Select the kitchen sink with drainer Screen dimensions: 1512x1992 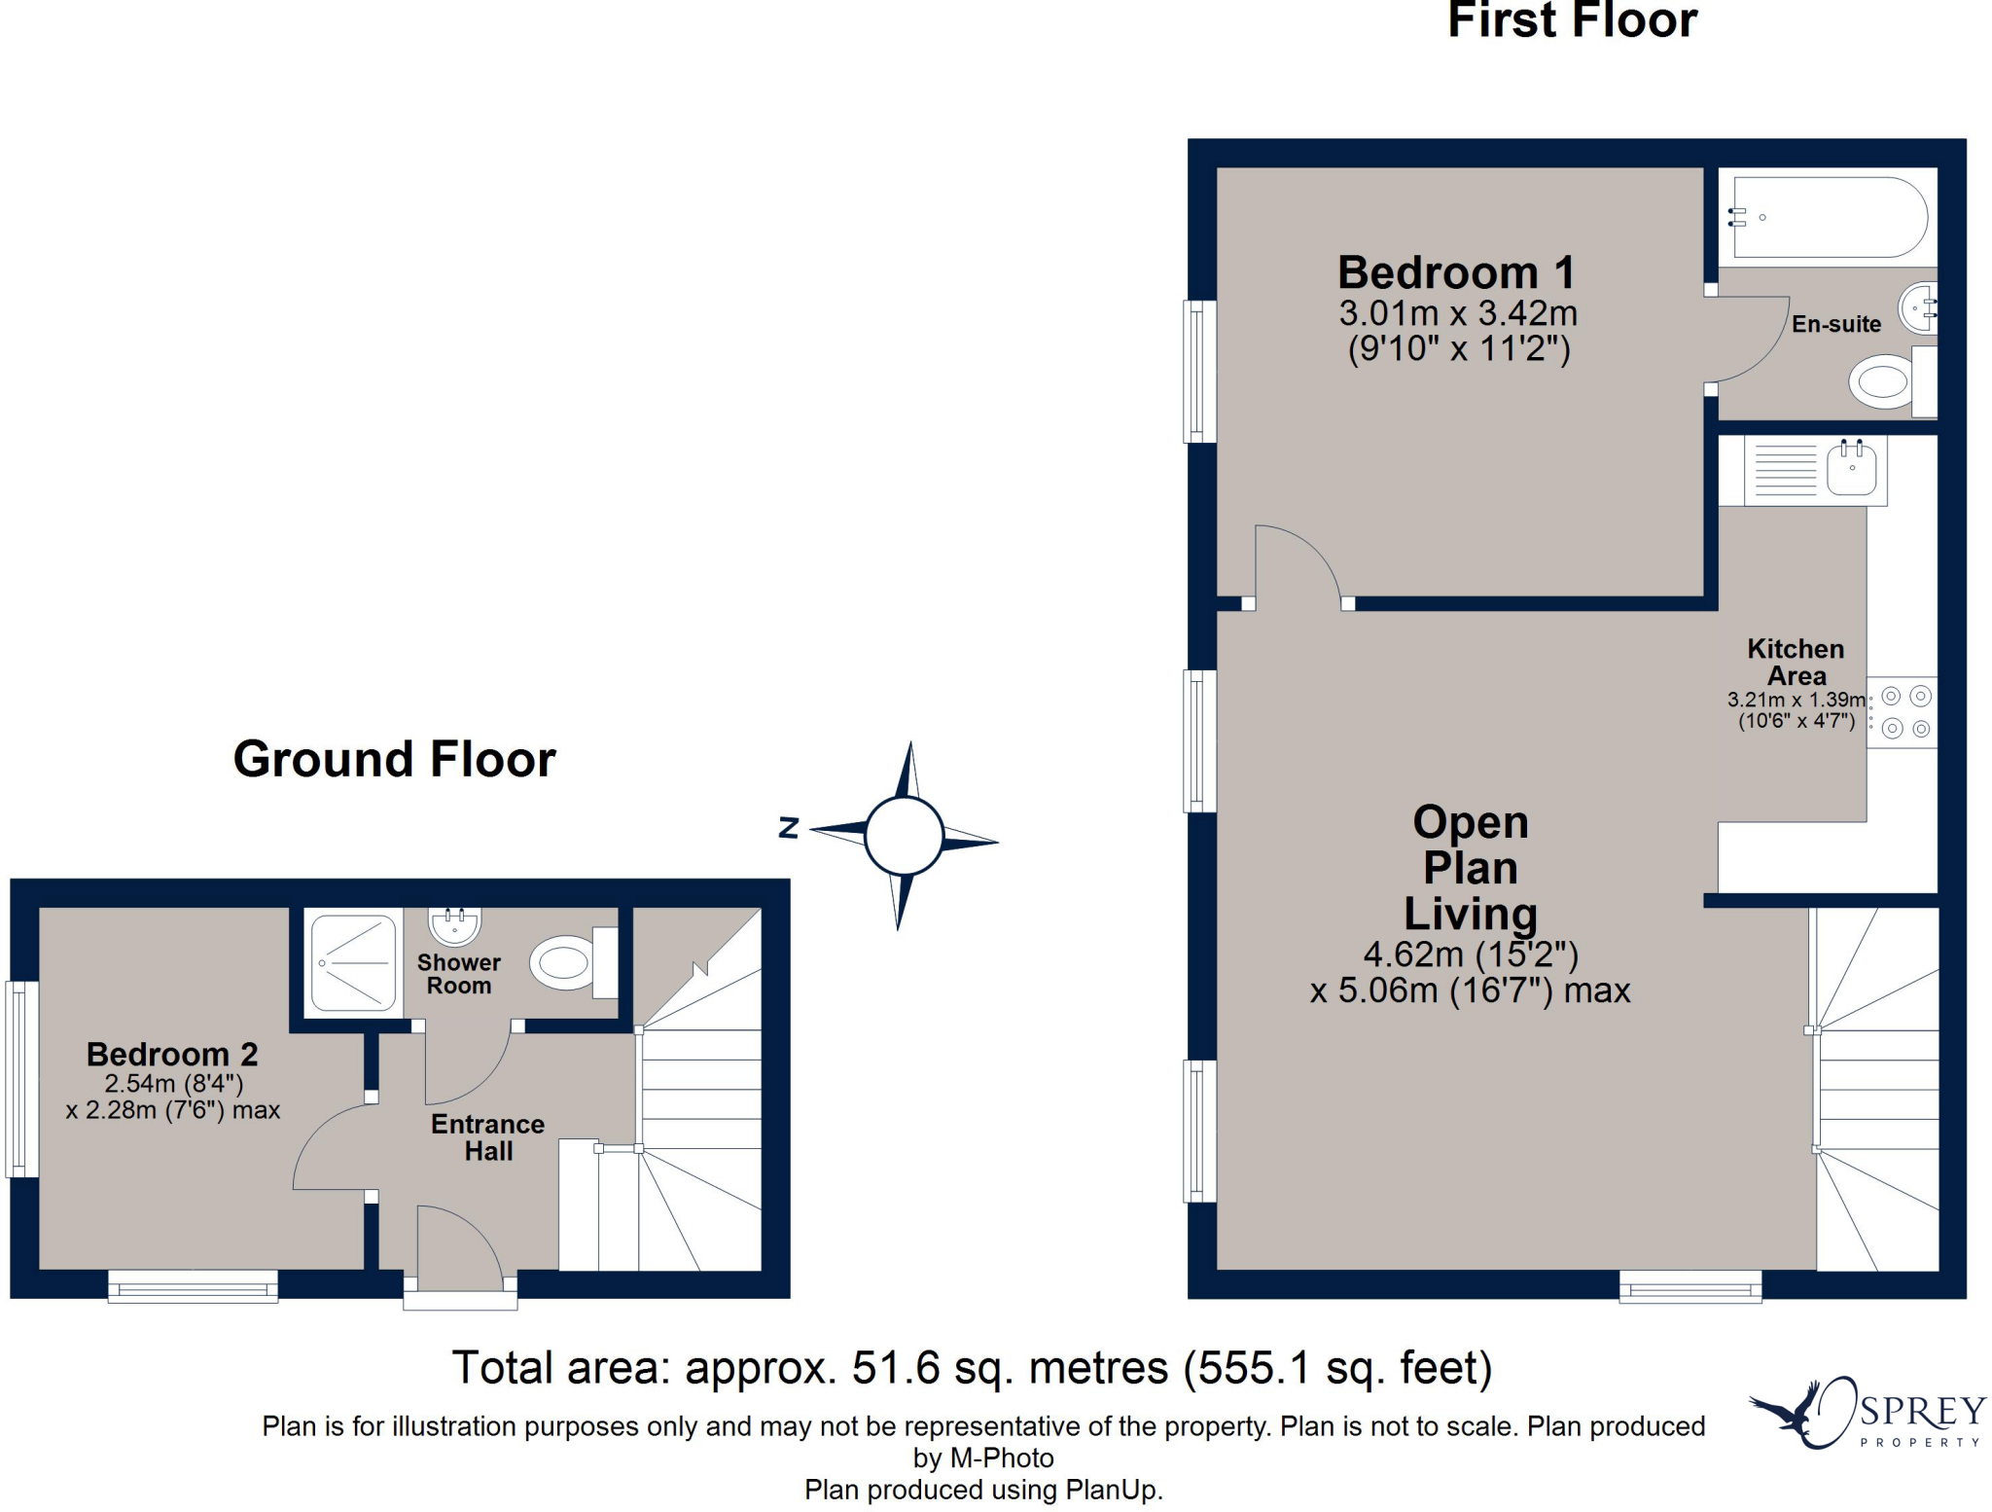(x=1815, y=470)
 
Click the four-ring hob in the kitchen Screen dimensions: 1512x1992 (x=1904, y=712)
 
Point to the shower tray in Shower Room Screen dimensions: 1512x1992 (x=353, y=962)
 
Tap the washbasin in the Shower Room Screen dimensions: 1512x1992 (x=455, y=925)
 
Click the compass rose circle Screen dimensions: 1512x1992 (x=904, y=836)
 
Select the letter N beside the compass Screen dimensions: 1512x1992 (x=789, y=828)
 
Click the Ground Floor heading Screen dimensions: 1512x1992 (x=394, y=759)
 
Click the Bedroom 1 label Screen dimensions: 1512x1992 (x=1456, y=273)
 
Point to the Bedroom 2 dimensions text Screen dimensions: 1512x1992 (x=173, y=1098)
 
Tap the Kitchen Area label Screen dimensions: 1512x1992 (x=1796, y=662)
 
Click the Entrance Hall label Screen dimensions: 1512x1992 (x=487, y=1137)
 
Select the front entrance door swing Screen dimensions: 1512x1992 (x=457, y=1249)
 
